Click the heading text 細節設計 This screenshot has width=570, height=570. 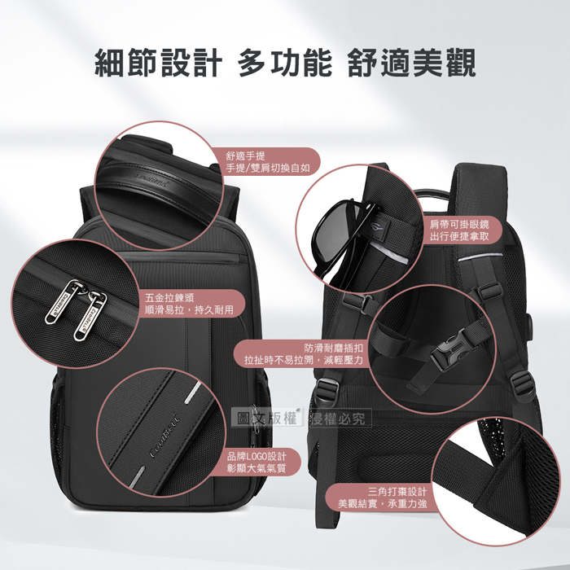158,63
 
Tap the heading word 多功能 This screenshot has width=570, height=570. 285,63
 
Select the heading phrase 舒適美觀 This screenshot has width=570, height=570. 411,63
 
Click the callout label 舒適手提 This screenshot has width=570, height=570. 246,156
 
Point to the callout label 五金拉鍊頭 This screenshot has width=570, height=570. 169,298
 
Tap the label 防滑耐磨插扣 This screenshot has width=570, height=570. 333,349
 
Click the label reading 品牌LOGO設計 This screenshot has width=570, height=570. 256,456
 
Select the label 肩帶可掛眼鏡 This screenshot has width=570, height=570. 459,225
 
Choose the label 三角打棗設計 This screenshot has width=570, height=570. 397,492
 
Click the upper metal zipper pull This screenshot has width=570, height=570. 63,301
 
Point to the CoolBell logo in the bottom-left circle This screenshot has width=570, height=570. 165,434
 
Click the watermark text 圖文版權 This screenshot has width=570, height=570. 266,419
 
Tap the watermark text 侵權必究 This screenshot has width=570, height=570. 338,419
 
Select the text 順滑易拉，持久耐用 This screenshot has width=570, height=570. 189,310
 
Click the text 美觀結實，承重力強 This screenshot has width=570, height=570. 383,504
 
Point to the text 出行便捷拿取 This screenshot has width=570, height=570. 459,237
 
